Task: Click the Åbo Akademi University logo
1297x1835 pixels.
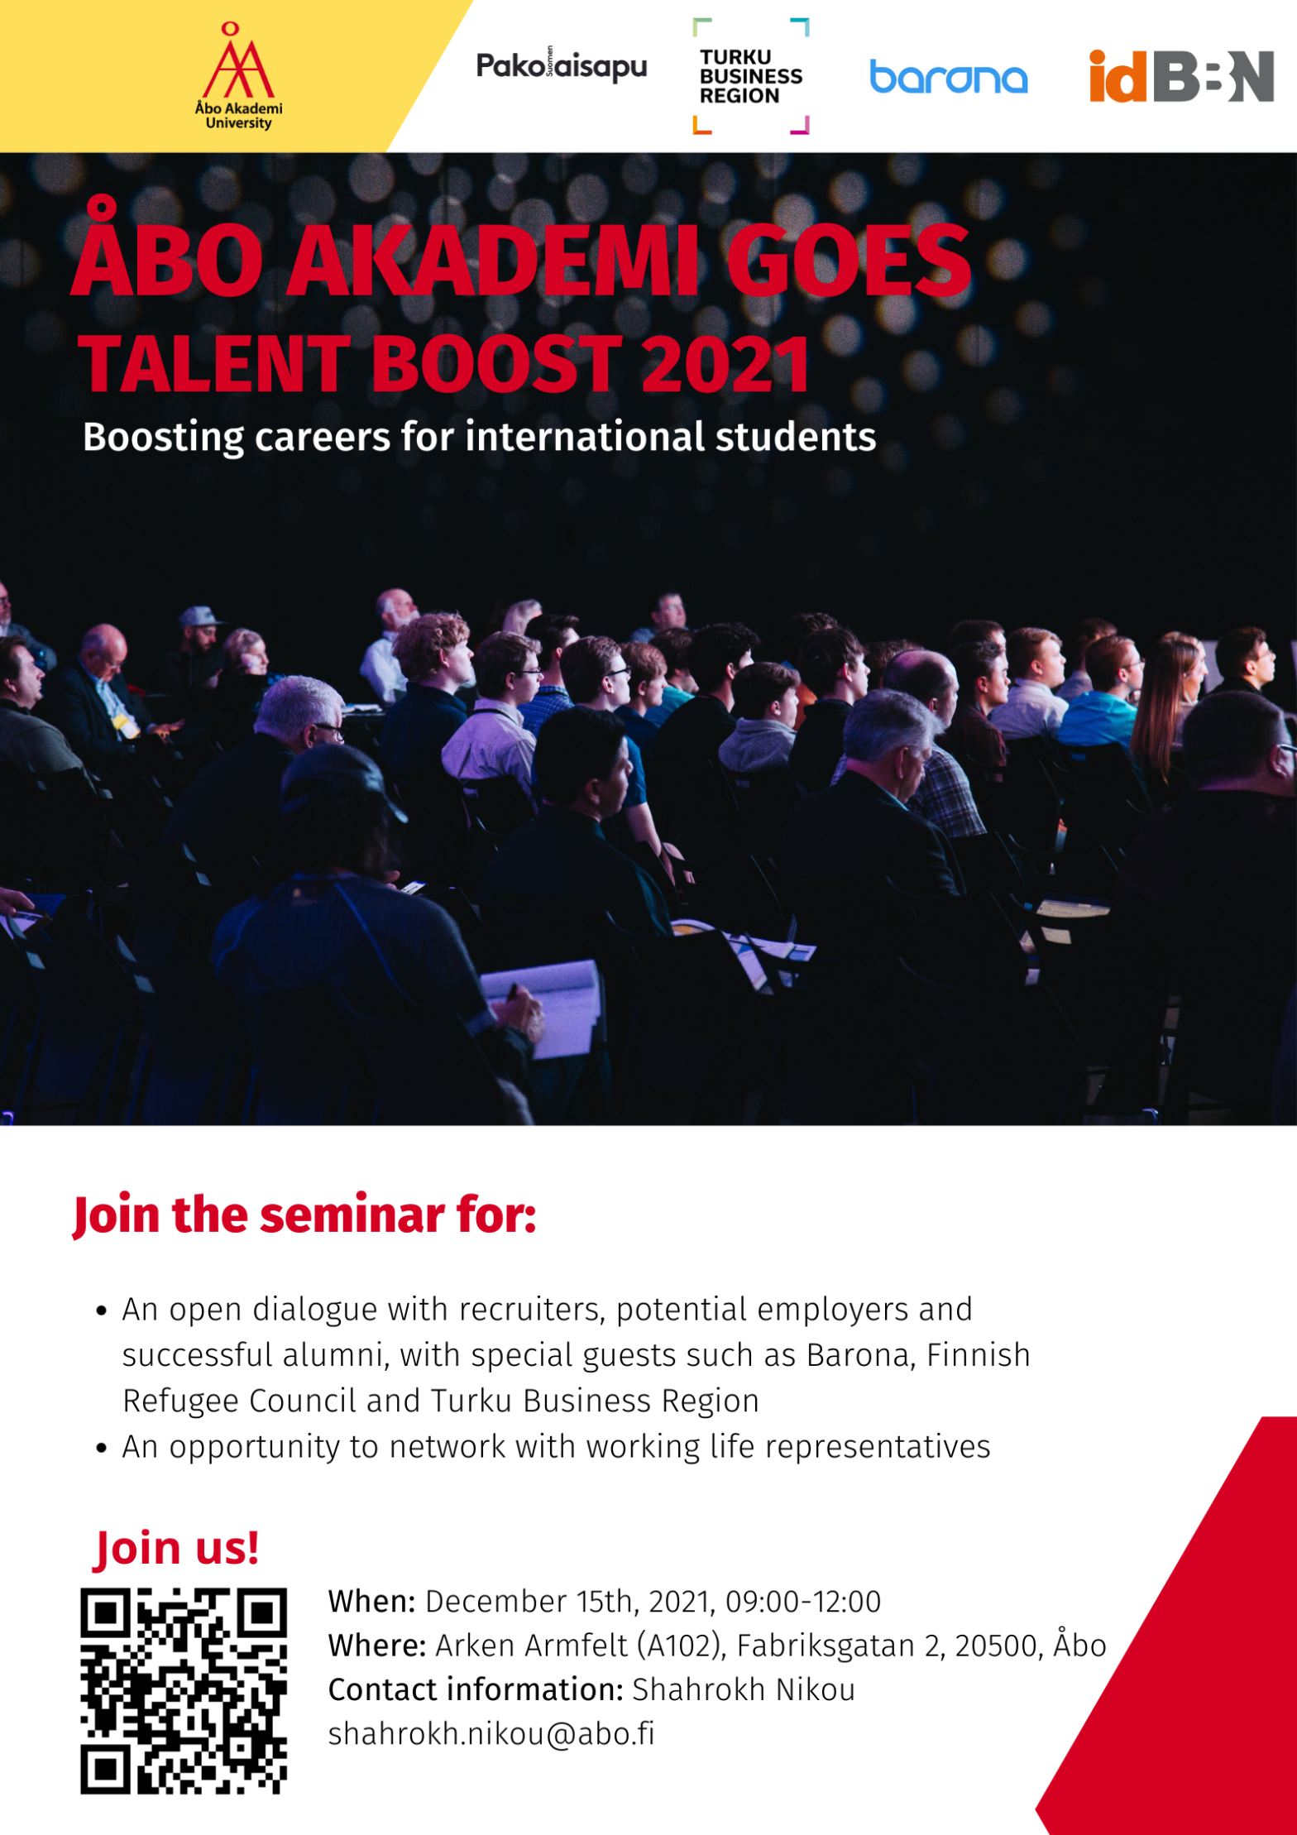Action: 238,76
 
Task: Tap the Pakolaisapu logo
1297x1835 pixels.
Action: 561,66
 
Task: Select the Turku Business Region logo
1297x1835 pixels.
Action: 750,76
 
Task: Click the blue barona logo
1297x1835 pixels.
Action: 948,77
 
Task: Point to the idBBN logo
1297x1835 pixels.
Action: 1181,76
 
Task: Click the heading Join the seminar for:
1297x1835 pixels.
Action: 304,1215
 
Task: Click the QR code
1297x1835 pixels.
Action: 184,1690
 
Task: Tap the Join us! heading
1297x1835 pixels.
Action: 177,1547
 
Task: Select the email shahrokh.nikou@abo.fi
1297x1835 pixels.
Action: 491,1733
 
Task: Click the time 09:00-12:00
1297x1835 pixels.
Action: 803,1602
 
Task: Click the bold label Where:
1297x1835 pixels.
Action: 377,1646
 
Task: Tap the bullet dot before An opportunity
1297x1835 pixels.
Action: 102,1448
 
